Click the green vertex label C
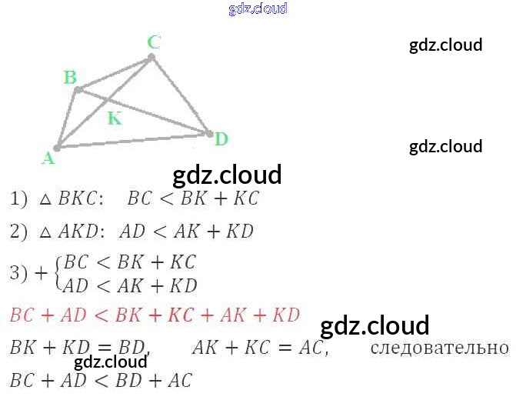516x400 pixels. point(154,42)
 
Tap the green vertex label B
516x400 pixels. point(70,78)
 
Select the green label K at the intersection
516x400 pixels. point(115,118)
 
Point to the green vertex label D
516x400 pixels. point(221,138)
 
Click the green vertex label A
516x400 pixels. point(48,158)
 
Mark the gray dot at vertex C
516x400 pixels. point(151,58)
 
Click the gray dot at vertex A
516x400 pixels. point(57,148)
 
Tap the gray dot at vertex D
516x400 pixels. point(209,133)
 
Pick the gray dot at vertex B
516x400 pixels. point(78,89)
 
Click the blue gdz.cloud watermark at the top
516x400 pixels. point(258,8)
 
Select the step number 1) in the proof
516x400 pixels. point(18,199)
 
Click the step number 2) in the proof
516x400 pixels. point(18,232)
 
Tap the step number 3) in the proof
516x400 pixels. point(18,272)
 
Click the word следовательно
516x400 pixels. point(440,348)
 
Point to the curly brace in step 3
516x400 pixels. point(58,274)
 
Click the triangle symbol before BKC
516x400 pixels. point(45,199)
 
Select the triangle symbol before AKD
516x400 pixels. point(45,232)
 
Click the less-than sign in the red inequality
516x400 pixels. point(101,315)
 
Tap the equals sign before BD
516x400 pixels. point(104,348)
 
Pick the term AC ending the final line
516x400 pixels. point(180,380)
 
